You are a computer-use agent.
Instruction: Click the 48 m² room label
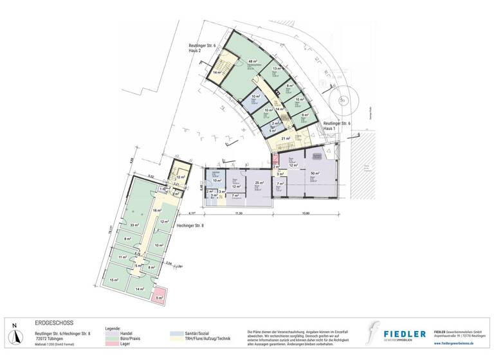(x=253, y=62)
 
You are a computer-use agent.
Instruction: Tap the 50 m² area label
(x=315, y=174)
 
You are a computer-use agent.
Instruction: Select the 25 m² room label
(x=258, y=183)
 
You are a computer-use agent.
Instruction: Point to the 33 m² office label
(x=135, y=225)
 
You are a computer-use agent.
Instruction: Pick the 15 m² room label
(x=114, y=281)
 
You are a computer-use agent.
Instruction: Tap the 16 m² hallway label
(x=156, y=211)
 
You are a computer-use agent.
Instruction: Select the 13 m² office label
(x=276, y=69)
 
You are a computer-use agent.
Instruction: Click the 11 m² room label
(x=122, y=257)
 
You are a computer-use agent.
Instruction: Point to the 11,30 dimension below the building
(x=239, y=212)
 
